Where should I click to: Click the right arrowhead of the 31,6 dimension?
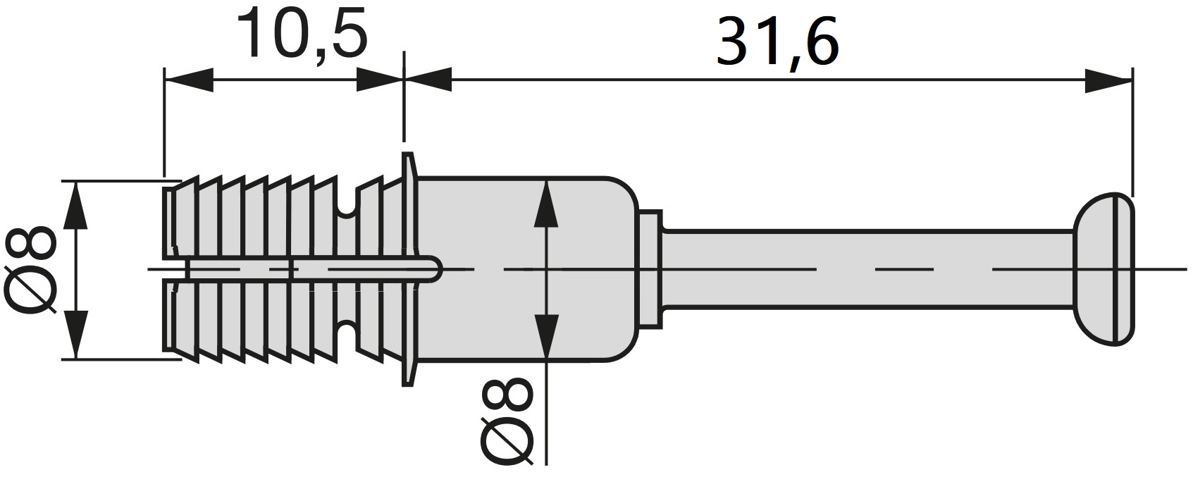coord(1107,80)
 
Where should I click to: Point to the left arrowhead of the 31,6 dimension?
coord(428,80)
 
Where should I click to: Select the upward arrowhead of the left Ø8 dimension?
coord(75,204)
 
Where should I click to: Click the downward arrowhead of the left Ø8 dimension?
coord(75,335)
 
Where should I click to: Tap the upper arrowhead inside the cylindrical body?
coord(546,204)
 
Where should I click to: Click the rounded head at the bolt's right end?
coord(1105,268)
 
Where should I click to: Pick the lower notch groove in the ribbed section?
coord(346,331)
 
